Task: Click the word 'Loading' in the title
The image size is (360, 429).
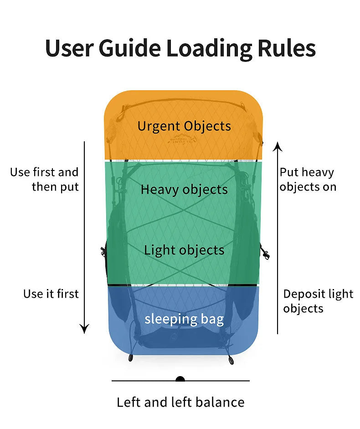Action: point(209,48)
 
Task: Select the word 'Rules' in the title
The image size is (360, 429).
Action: point(285,48)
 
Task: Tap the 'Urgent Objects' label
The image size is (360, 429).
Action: point(184,126)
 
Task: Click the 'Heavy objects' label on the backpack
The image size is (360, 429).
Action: point(184,189)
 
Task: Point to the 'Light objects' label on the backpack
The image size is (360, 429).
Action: point(184,250)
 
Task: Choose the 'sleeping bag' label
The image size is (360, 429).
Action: point(184,319)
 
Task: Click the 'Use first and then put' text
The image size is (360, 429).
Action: point(45,179)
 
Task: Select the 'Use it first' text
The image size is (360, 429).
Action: point(51,294)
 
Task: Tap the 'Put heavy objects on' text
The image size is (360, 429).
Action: point(308,179)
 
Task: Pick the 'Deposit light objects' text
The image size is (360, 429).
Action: point(318,301)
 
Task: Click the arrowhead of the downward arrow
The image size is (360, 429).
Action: point(84,328)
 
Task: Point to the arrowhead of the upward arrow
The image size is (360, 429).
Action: point(277,146)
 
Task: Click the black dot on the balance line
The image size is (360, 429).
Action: point(180,379)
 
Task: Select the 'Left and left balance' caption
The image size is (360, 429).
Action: point(180,402)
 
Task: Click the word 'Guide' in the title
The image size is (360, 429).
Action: point(135,48)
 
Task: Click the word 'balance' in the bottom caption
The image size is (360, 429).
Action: point(221,402)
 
